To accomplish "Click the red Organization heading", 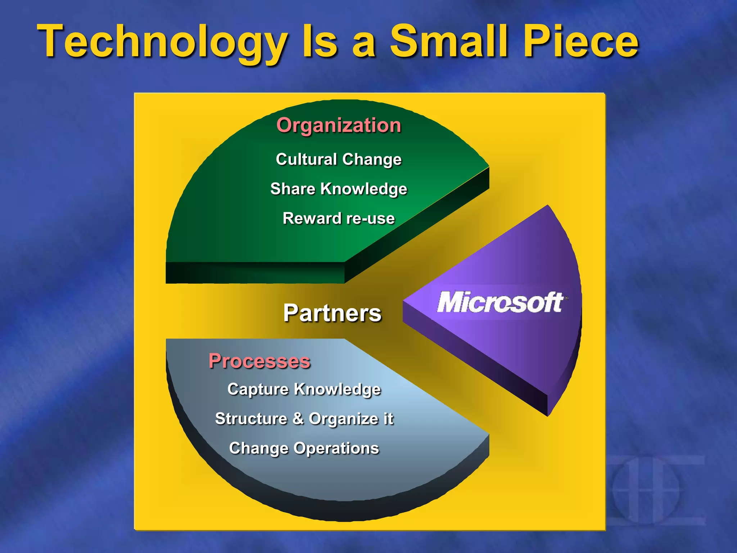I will [x=339, y=125].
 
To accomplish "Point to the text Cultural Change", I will [x=339, y=159].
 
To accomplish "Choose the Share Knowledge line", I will [x=339, y=189].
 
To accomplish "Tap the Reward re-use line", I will [x=339, y=219].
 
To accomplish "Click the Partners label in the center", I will [x=332, y=313].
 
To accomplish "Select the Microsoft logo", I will [x=500, y=302].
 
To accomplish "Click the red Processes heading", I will [x=259, y=361].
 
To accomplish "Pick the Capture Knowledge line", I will [x=304, y=390].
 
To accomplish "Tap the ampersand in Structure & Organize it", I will [x=298, y=419].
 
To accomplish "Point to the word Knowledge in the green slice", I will [x=363, y=189].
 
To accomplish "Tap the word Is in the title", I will [x=320, y=41].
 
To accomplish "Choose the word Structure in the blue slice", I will [x=251, y=419].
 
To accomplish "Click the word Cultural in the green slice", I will [x=306, y=159].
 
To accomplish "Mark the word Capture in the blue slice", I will [x=258, y=390].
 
